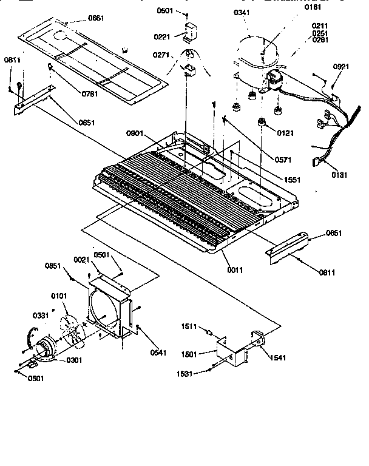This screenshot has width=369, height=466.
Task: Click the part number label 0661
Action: click(95, 18)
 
